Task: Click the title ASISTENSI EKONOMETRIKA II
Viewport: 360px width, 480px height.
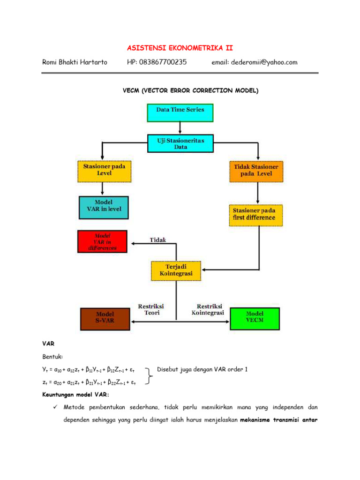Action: pyautogui.click(x=180, y=48)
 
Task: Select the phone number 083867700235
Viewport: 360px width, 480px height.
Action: pyautogui.click(x=157, y=62)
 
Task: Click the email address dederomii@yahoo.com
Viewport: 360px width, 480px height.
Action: pyautogui.click(x=255, y=62)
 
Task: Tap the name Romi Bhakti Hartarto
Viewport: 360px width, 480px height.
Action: pyautogui.click(x=75, y=62)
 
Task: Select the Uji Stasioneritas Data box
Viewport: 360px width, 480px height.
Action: pyautogui.click(x=180, y=143)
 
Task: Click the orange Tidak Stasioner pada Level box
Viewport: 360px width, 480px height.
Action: pyautogui.click(x=256, y=171)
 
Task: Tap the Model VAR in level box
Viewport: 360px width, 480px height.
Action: pyautogui.click(x=104, y=206)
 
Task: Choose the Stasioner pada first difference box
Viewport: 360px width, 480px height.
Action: pyautogui.click(x=256, y=214)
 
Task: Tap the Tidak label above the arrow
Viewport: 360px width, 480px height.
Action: pyautogui.click(x=157, y=240)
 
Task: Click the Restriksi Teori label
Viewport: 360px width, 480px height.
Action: pyautogui.click(x=151, y=309)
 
